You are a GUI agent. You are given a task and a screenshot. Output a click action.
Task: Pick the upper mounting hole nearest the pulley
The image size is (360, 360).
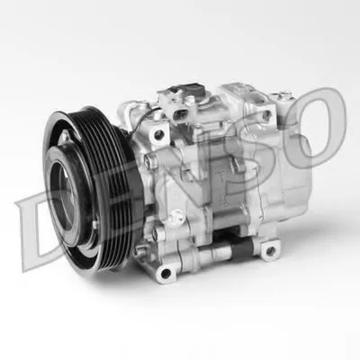tap(158, 134)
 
